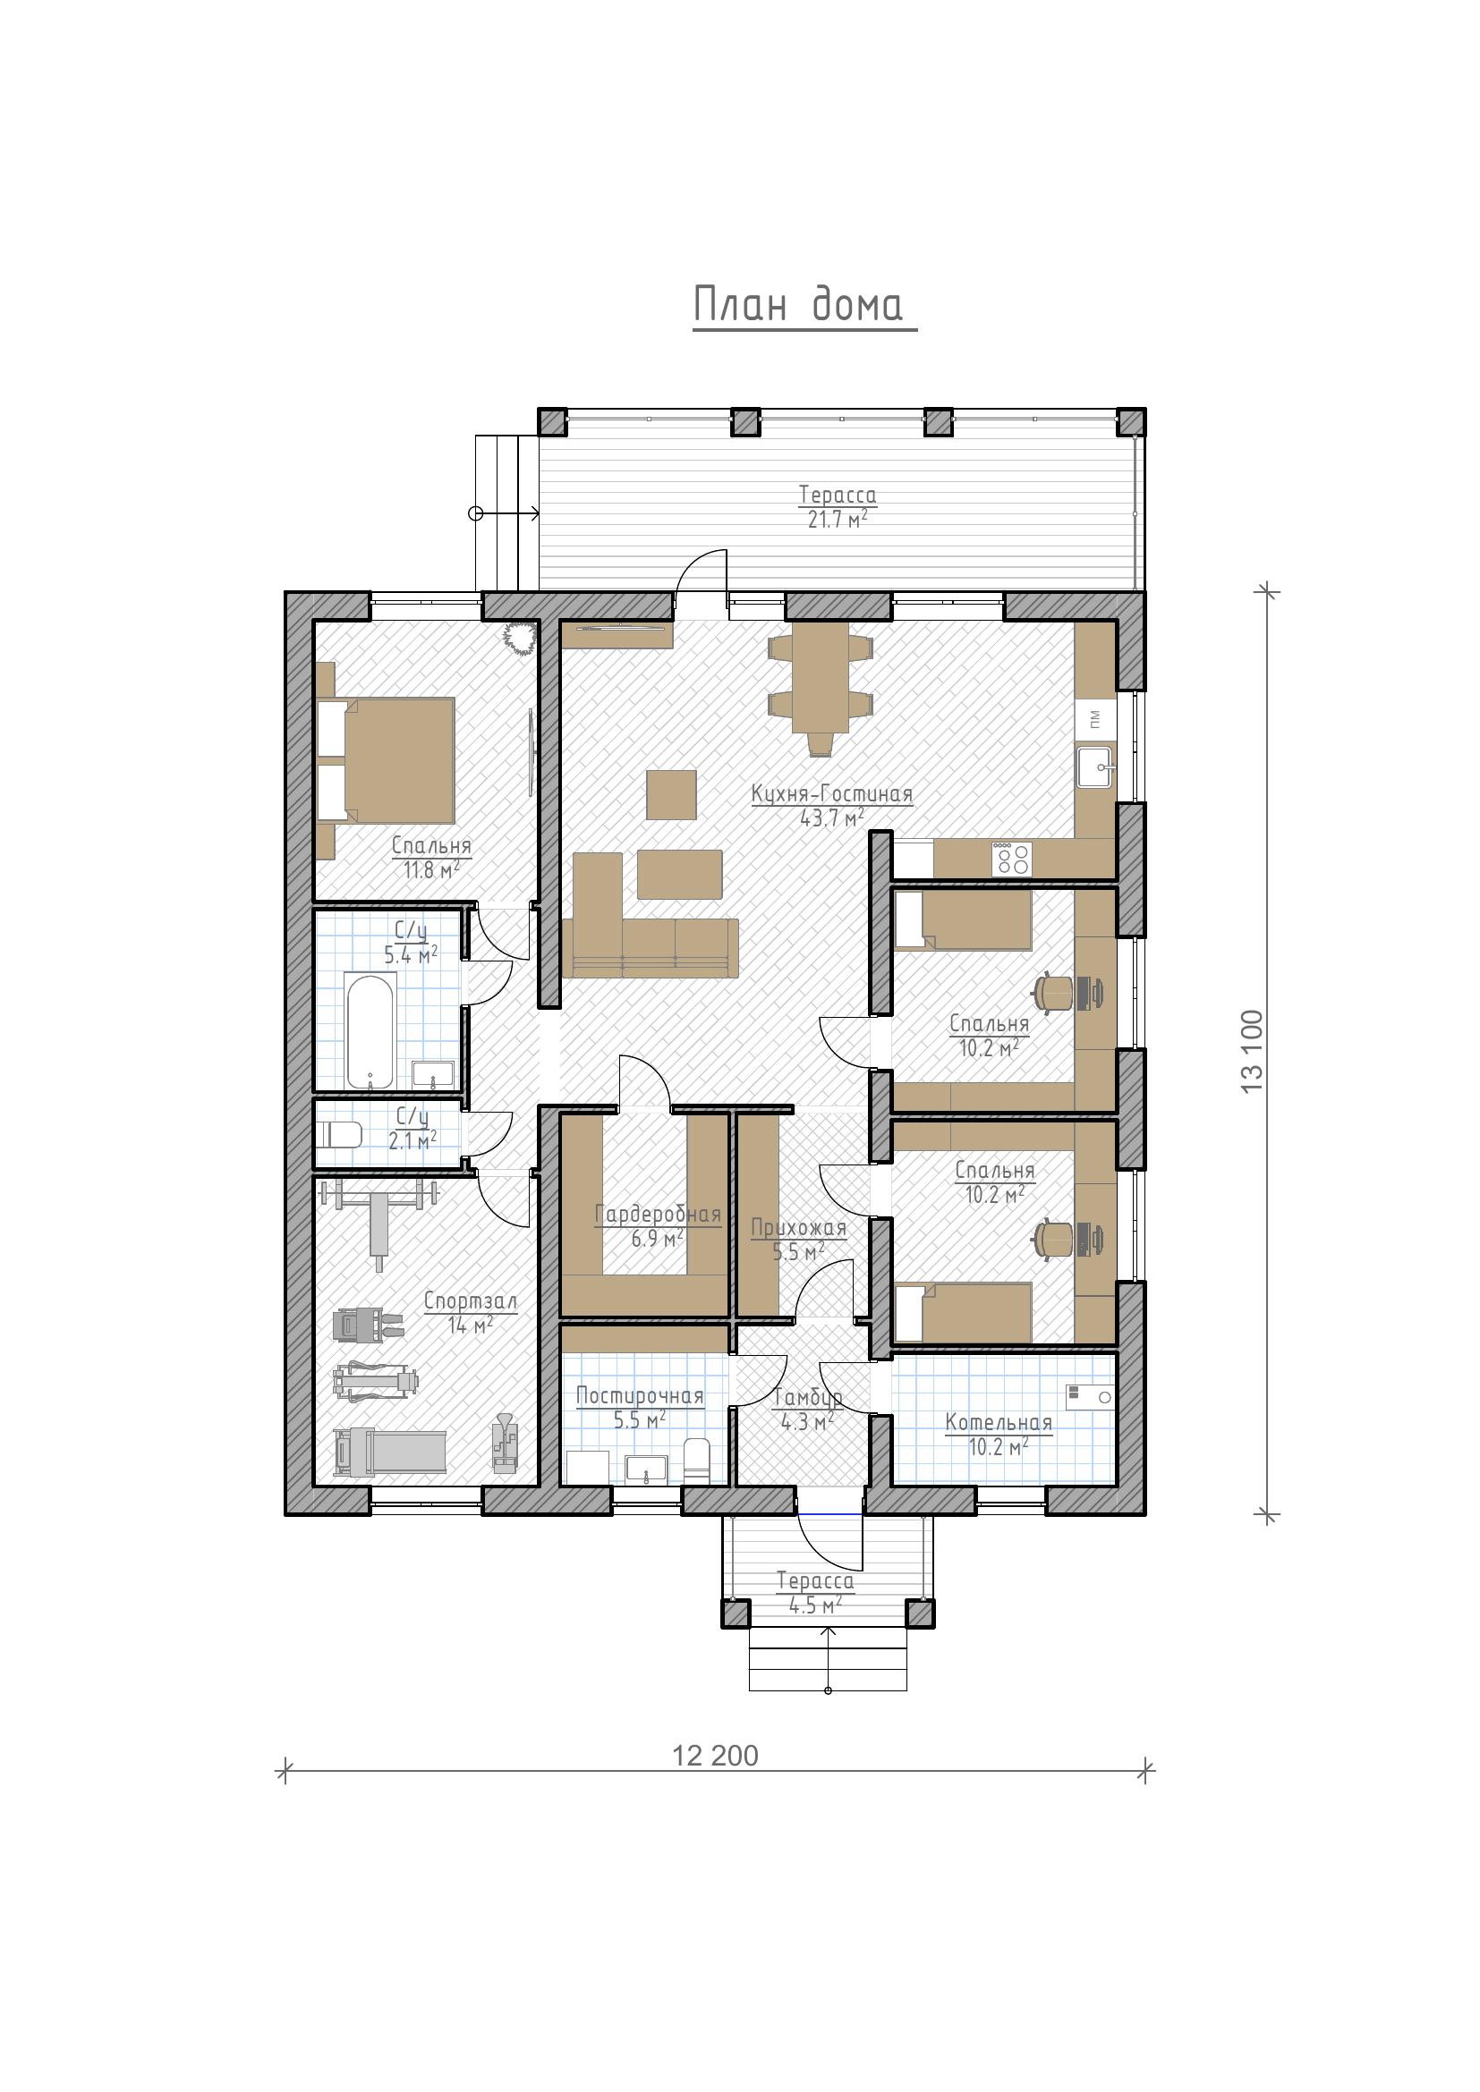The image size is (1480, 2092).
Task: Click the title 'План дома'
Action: (x=798, y=304)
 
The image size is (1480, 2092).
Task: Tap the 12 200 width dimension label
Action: (x=716, y=1756)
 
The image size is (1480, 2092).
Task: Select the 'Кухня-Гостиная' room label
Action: (x=832, y=793)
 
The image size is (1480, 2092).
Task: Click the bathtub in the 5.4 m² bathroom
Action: (x=370, y=1031)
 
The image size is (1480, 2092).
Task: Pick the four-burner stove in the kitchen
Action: (x=1012, y=859)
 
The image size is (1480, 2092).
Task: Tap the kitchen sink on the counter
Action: (x=1095, y=767)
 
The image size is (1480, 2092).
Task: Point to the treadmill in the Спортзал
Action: (x=390, y=1452)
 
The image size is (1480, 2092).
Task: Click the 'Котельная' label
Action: (x=999, y=1423)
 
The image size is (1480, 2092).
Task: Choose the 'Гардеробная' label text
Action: (x=658, y=1215)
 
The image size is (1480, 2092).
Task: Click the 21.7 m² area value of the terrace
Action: (x=838, y=520)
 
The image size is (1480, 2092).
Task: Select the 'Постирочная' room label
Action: (x=640, y=1396)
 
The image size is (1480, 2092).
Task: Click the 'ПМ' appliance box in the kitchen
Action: (x=1095, y=719)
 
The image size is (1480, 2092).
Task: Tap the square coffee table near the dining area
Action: (x=672, y=794)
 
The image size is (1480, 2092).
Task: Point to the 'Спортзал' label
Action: (x=471, y=1301)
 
